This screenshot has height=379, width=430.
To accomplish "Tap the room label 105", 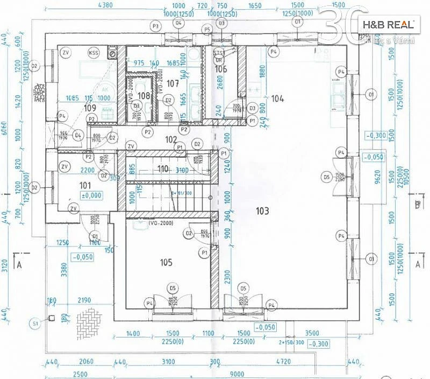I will pyautogui.click(x=166, y=262).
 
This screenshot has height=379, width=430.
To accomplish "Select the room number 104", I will pyautogui.click(x=277, y=99).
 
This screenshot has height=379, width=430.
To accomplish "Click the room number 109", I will pyautogui.click(x=90, y=108).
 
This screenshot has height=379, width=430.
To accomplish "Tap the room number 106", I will pyautogui.click(x=221, y=69).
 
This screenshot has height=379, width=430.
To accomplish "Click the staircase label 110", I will pyautogui.click(x=163, y=169).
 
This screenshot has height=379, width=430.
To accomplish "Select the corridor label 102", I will pyautogui.click(x=171, y=139).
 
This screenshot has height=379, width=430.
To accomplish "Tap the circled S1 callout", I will pyautogui.click(x=35, y=324).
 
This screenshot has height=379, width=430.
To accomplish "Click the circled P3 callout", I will pyautogui.click(x=156, y=26).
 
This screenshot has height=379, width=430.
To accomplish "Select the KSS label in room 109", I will pyautogui.click(x=94, y=53).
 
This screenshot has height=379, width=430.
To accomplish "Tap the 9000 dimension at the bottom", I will pyautogui.click(x=236, y=374).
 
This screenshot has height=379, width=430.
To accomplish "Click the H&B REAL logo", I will pyautogui.click(x=388, y=25).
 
